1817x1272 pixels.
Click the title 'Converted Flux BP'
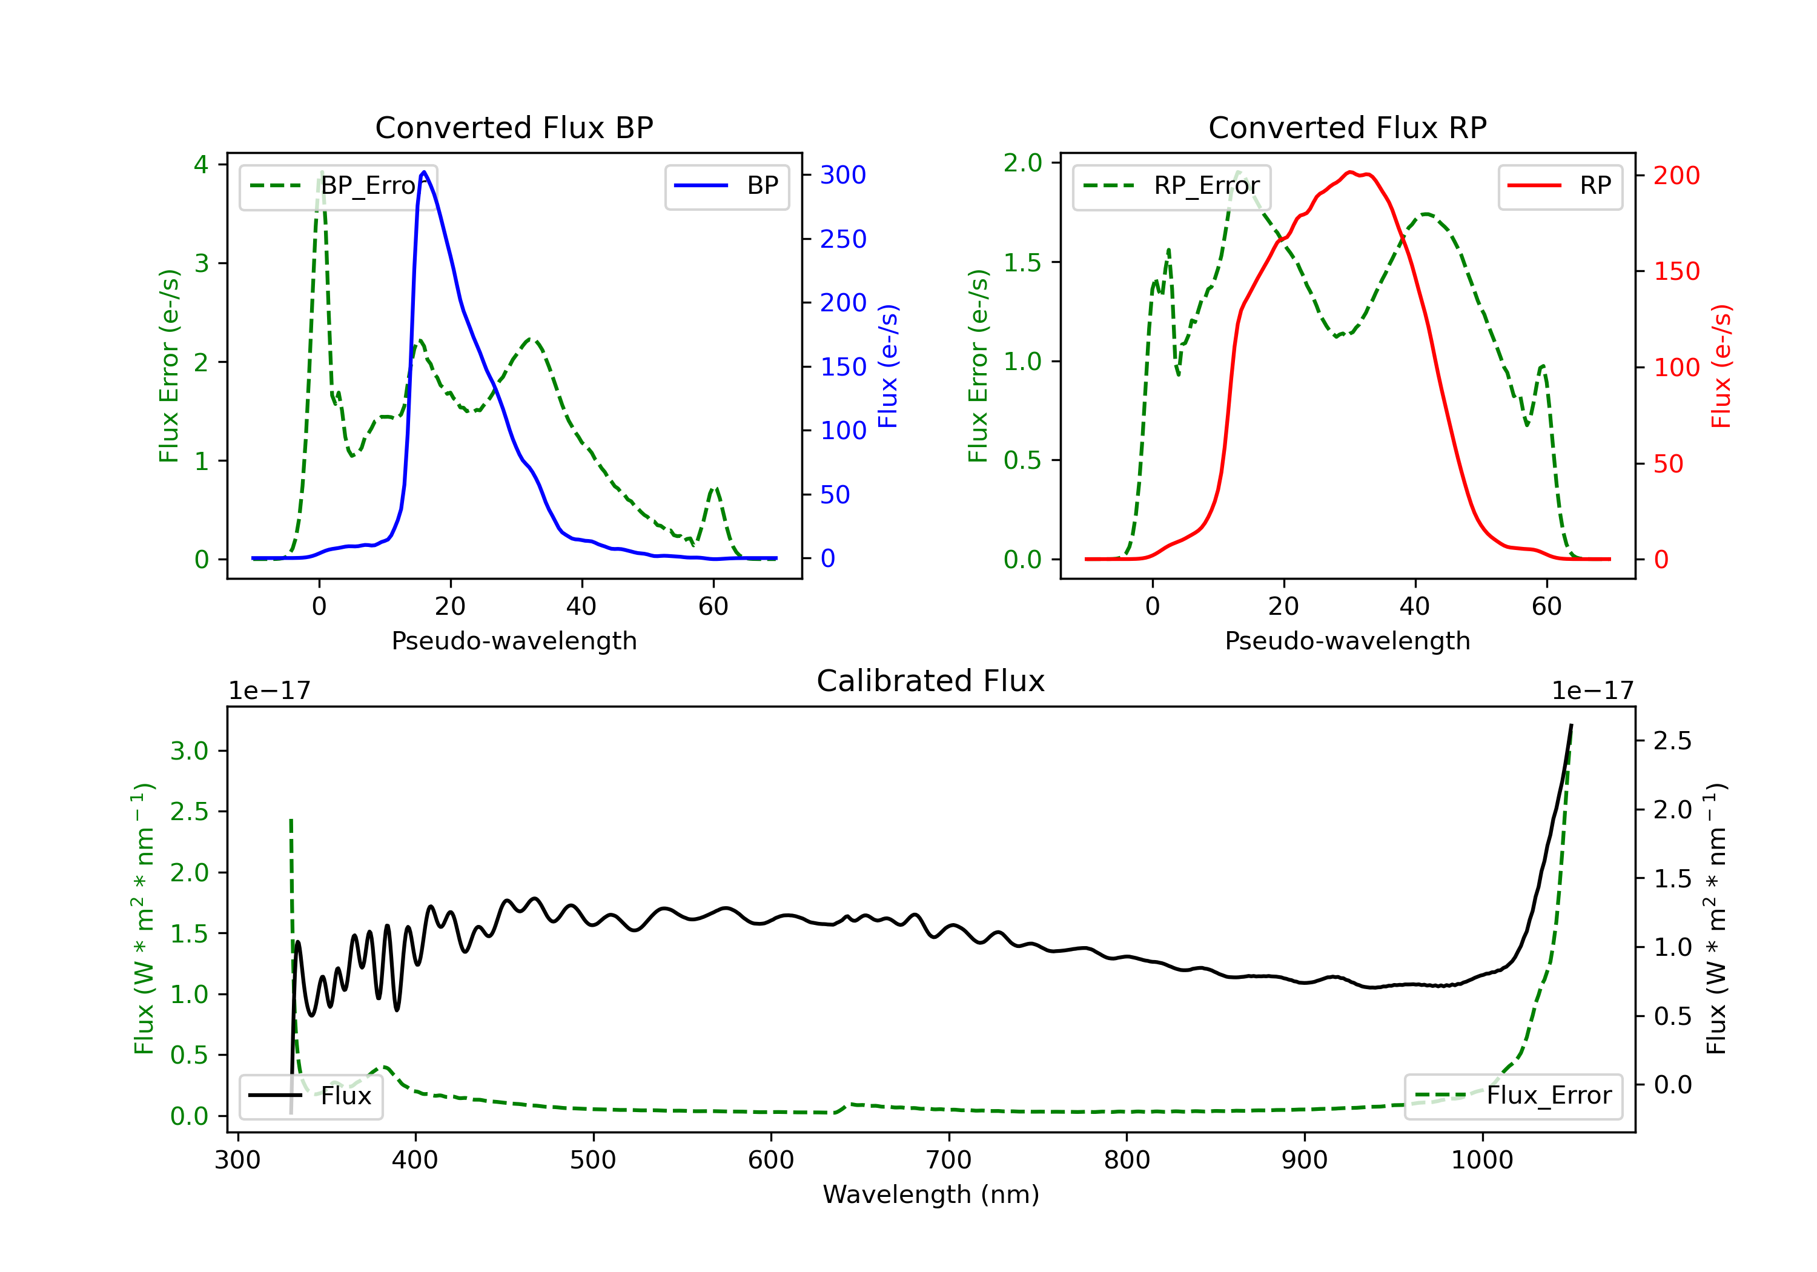pyautogui.click(x=514, y=127)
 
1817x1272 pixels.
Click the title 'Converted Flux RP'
pyautogui.click(x=1347, y=127)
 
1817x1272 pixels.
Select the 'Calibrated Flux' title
pyautogui.click(x=931, y=681)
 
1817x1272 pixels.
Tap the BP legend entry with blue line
pyautogui.click(x=726, y=186)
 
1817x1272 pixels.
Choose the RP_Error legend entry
pyautogui.click(x=1171, y=186)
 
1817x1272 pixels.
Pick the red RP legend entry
pyautogui.click(x=1560, y=186)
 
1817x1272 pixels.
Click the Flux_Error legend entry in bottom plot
pyautogui.click(x=1513, y=1096)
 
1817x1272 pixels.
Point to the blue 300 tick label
pyautogui.click(x=843, y=175)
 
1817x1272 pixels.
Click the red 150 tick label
pyautogui.click(x=1676, y=271)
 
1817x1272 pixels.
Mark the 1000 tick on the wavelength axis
pyautogui.click(x=1481, y=1161)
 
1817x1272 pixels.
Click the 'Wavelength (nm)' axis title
pyautogui.click(x=931, y=1194)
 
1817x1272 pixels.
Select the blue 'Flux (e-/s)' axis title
pyautogui.click(x=888, y=366)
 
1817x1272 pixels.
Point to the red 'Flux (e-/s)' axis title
pyautogui.click(x=1721, y=366)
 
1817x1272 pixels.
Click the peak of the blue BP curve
pyautogui.click(x=424, y=172)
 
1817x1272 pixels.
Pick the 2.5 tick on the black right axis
pyautogui.click(x=1672, y=741)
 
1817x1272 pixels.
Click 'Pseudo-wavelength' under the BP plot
pyautogui.click(x=514, y=640)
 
